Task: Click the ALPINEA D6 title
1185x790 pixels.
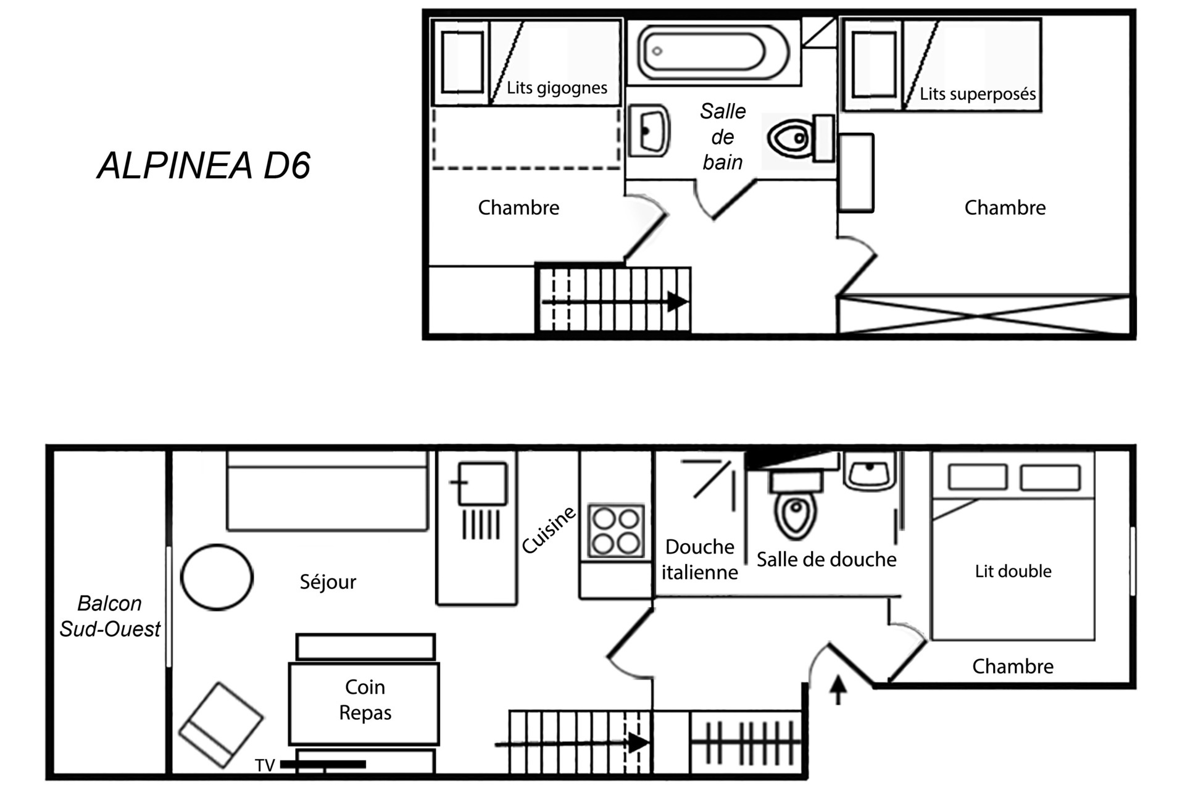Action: click(x=204, y=165)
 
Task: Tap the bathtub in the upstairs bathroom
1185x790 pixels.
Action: click(x=714, y=52)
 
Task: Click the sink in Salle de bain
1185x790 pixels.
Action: click(x=649, y=131)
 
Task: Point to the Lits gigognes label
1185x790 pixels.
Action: click(x=557, y=88)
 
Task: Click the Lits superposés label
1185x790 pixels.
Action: click(x=978, y=94)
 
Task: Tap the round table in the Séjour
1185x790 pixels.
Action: click(x=217, y=578)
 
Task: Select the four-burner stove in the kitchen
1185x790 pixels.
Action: click(x=616, y=531)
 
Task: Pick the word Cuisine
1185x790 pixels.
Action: click(x=549, y=530)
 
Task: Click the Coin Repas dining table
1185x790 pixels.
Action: click(x=364, y=704)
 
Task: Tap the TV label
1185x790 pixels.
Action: click(x=265, y=765)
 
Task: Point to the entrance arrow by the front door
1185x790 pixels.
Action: click(x=838, y=690)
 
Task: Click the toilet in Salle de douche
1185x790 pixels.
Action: click(x=796, y=504)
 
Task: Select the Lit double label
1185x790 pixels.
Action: click(x=1013, y=571)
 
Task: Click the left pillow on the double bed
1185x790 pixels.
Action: click(x=978, y=477)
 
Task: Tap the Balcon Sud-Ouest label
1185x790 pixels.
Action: click(x=110, y=616)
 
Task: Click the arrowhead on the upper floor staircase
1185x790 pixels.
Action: click(x=678, y=302)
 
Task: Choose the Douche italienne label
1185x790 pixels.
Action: click(x=699, y=559)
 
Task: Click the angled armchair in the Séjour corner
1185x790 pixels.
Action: click(x=221, y=725)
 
